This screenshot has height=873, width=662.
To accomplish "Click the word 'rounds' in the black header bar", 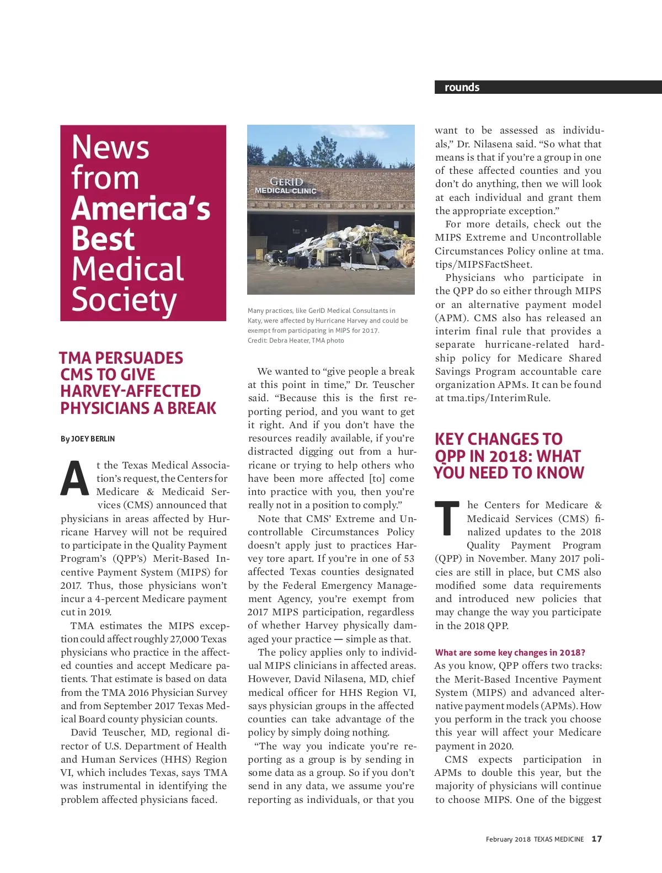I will (462, 87).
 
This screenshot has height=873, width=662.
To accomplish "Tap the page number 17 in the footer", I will (596, 839).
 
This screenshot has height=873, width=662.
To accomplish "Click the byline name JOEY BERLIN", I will (93, 439).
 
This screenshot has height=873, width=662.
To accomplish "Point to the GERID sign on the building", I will (286, 182).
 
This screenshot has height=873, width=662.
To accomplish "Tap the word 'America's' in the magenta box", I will (141, 209).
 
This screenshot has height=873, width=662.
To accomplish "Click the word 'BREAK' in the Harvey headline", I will (191, 408).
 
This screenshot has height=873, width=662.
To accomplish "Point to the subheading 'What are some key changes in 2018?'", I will (510, 652).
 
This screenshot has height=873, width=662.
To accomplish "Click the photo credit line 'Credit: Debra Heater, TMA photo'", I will (296, 340).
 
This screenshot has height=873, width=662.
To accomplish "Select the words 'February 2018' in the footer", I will (508, 839).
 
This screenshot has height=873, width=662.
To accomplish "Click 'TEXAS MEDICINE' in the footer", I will (558, 839).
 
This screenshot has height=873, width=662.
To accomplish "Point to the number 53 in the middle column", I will (408, 558).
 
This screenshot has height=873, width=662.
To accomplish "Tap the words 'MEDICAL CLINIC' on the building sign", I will (286, 191).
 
